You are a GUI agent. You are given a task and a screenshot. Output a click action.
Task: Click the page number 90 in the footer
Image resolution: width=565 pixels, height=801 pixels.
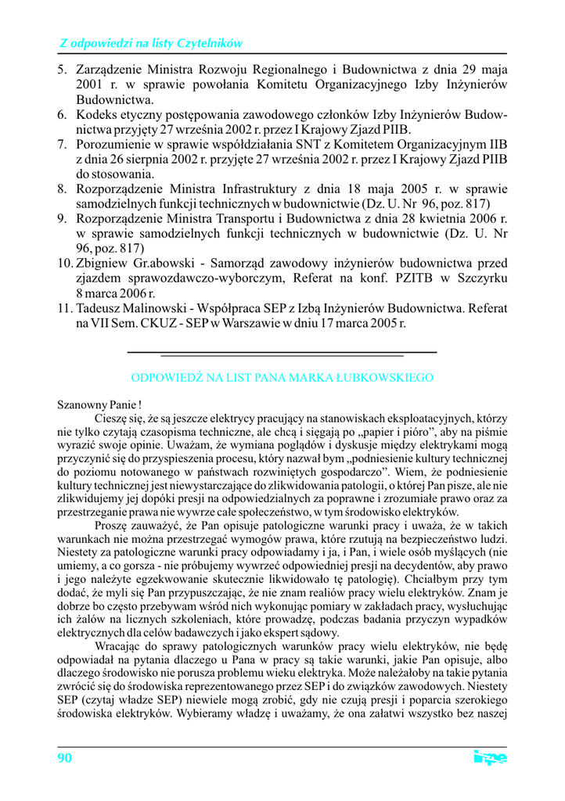(x=65, y=757)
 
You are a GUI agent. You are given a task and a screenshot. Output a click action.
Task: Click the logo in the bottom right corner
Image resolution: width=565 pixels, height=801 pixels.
(x=490, y=757)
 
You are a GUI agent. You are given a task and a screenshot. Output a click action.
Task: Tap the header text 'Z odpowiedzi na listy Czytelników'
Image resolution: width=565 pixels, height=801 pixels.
(x=151, y=43)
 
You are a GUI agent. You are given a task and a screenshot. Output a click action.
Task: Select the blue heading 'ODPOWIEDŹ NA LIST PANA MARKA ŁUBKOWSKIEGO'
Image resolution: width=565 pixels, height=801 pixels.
(x=282, y=378)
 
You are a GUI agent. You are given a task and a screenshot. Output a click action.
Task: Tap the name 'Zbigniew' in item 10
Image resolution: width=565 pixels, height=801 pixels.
(x=101, y=262)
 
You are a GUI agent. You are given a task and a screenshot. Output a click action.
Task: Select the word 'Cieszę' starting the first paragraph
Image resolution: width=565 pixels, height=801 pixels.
(x=111, y=418)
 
